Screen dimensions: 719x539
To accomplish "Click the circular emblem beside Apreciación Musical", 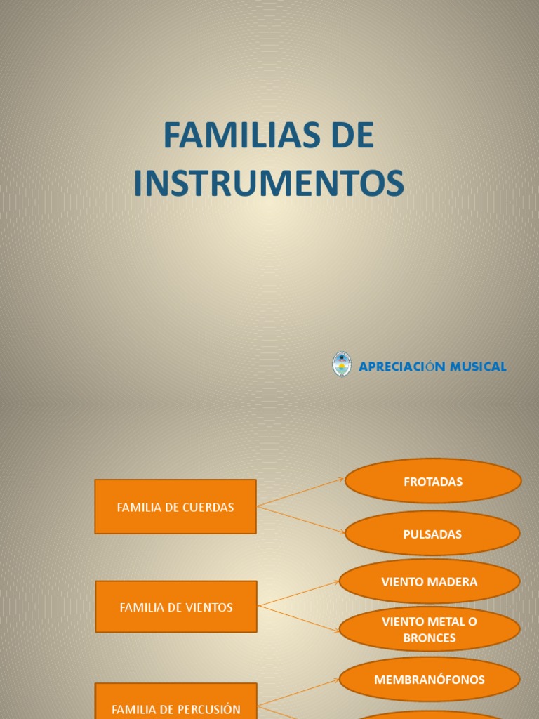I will [342, 364].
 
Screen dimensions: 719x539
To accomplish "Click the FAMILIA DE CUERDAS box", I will [175, 507].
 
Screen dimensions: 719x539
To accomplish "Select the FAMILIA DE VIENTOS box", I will [176, 607].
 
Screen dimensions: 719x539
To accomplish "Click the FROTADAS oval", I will [433, 482].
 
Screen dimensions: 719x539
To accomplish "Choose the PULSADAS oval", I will [432, 534].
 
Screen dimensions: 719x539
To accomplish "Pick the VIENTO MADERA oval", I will [430, 581].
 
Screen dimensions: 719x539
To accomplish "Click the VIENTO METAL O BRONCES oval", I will [430, 629].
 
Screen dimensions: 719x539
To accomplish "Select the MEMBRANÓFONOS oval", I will [430, 680].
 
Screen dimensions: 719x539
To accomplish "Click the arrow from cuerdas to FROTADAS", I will [300, 493].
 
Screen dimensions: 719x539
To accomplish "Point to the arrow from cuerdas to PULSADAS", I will [300, 520].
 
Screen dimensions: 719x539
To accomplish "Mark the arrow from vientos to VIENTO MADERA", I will [299, 594].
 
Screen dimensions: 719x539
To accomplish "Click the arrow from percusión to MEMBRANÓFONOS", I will [299, 692].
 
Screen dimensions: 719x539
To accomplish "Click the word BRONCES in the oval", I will [430, 638].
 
